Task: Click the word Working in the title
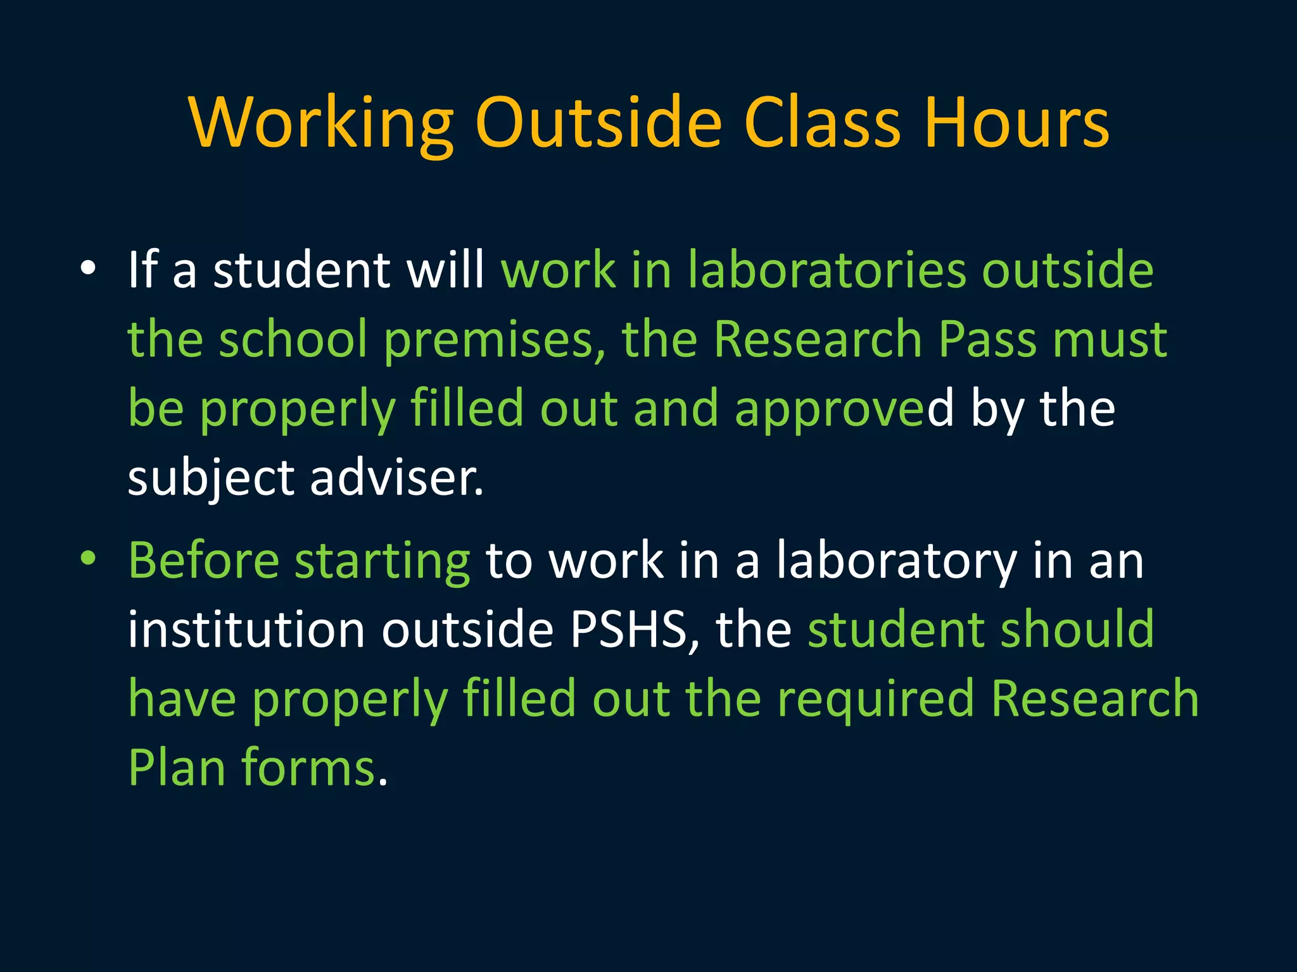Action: pyautogui.click(x=321, y=123)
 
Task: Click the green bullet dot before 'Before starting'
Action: pyautogui.click(x=88, y=559)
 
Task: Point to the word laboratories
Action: pyautogui.click(x=826, y=270)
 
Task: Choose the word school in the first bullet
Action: pyautogui.click(x=293, y=339)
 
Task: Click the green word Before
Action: pyautogui.click(x=203, y=561)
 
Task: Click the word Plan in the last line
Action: pyautogui.click(x=177, y=767)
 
